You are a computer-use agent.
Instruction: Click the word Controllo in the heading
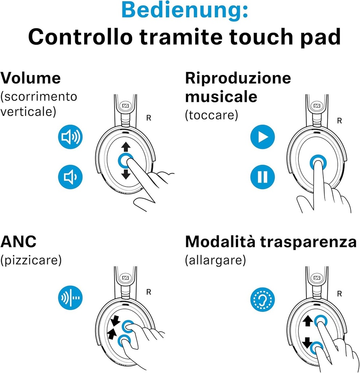click(x=80, y=37)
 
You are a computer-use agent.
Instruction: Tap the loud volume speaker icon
click(x=70, y=137)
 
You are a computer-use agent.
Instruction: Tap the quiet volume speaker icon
click(x=70, y=177)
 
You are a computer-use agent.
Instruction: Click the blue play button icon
click(x=262, y=137)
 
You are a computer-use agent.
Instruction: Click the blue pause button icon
click(x=262, y=177)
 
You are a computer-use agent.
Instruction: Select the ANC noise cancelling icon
click(x=70, y=298)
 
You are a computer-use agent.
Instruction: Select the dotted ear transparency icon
click(x=262, y=299)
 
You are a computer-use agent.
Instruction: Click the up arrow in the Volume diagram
click(x=126, y=147)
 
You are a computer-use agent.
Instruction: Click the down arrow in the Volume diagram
click(x=126, y=174)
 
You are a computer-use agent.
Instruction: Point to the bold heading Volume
click(x=31, y=78)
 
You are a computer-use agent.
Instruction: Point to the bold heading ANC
click(x=18, y=242)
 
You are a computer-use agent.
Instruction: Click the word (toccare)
click(x=212, y=115)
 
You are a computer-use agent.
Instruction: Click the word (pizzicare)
click(x=31, y=260)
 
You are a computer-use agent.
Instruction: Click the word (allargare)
click(x=215, y=260)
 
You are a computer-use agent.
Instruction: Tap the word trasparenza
click(x=308, y=242)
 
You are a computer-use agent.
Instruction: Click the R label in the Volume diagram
click(x=149, y=118)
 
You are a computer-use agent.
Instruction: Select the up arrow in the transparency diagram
click(x=308, y=321)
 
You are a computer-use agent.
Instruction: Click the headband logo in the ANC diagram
click(x=125, y=278)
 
